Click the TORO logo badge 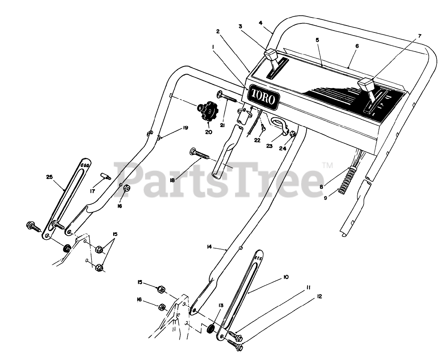coord(263,97)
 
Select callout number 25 coord(50,177)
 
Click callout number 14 coord(209,247)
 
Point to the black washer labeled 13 coord(211,329)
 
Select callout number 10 coord(286,277)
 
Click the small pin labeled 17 coord(106,176)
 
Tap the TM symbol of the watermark coord(327,165)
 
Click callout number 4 coord(261,23)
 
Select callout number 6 coord(357,46)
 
